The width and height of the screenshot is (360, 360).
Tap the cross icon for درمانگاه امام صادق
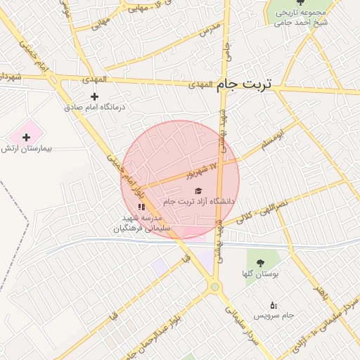[95, 96]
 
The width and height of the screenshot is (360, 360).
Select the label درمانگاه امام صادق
[94, 107]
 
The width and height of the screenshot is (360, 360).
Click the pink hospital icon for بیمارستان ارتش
[27, 137]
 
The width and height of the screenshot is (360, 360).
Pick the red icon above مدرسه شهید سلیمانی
[141, 207]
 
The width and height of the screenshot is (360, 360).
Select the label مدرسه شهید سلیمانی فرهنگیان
[141, 224]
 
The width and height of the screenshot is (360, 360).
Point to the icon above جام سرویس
[274, 304]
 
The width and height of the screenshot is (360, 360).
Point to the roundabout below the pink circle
[214, 286]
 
